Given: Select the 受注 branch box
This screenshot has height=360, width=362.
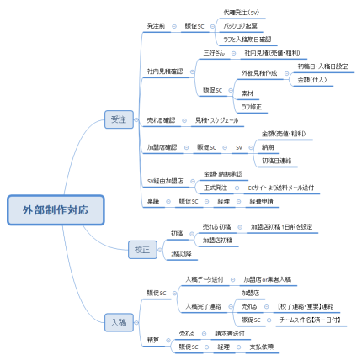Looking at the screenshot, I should [118, 120].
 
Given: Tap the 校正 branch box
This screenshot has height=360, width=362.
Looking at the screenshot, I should [140, 248].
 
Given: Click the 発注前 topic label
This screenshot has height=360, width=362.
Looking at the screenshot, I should [156, 26].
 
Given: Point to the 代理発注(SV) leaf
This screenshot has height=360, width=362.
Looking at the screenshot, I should [241, 13].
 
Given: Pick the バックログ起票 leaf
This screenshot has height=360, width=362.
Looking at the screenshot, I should [241, 26].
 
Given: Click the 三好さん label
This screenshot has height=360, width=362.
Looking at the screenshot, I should [214, 52].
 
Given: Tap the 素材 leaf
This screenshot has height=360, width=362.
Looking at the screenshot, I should [248, 93].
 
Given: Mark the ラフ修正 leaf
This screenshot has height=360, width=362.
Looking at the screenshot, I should [251, 106].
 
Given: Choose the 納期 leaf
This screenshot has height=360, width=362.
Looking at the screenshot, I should [268, 146].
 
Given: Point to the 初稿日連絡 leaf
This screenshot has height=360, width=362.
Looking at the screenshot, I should [276, 160].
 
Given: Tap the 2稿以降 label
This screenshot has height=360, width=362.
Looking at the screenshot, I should [182, 252].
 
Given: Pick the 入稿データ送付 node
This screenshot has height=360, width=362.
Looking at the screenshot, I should [205, 278].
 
